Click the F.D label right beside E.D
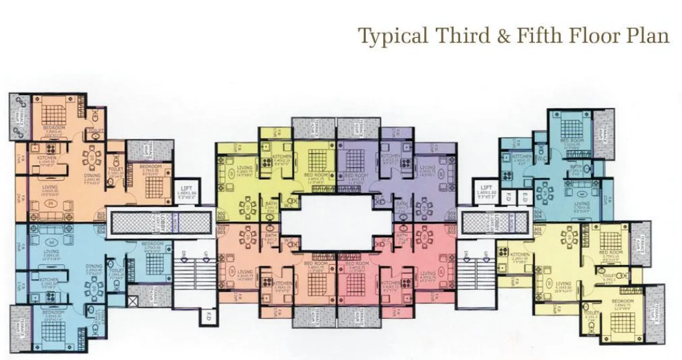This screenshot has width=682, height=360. (x=507, y=198)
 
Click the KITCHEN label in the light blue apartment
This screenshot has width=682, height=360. (x=48, y=280)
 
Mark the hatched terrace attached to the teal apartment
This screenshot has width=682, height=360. (x=603, y=127)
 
